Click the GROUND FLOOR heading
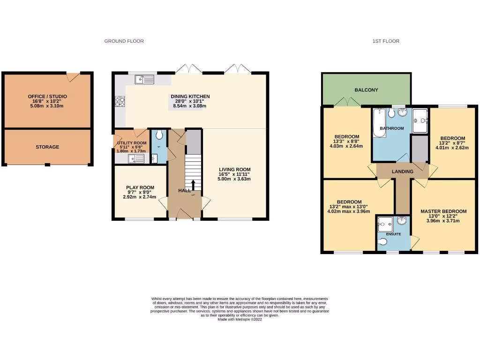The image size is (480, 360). tap(124, 41)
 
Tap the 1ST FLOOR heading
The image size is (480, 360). tap(386, 41)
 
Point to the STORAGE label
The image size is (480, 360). tap(47, 147)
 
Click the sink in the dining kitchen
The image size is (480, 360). tap(145, 80)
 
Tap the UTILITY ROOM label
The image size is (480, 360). tap(132, 143)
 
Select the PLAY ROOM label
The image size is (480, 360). tap(140, 187)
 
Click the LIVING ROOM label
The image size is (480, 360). tap(235, 170)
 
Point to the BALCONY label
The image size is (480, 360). tap(366, 90)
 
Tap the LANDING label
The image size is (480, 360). tap(403, 172)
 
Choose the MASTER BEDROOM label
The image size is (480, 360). tap(443, 211)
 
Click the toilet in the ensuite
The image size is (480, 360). tap(383, 241)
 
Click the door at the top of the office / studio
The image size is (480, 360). tap(73, 76)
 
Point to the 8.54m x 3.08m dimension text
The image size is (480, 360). tap(189, 106)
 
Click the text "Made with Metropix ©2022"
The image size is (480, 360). tap(240, 319)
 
